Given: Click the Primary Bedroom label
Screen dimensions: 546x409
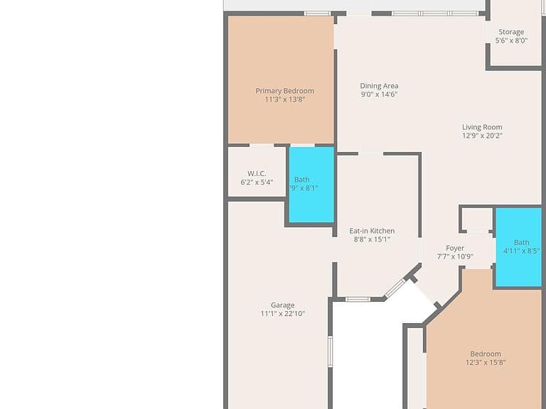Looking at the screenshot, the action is click(x=285, y=91).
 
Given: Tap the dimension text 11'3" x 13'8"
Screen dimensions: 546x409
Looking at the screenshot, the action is click(x=285, y=99).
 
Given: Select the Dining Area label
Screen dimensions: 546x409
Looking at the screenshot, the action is click(x=379, y=86).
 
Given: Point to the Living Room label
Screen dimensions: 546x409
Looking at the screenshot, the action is click(x=482, y=127).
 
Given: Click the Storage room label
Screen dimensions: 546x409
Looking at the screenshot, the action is click(x=511, y=32).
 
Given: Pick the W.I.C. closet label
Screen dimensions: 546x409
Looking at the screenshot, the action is click(x=257, y=173).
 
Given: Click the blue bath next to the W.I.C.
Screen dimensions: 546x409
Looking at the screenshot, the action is click(x=311, y=185).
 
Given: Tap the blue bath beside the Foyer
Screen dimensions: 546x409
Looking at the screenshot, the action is click(x=518, y=247).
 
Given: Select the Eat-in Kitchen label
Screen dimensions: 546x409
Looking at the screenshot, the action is click(x=372, y=231).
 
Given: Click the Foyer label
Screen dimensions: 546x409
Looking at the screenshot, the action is click(x=455, y=248).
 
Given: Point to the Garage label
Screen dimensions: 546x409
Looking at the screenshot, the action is click(x=283, y=305).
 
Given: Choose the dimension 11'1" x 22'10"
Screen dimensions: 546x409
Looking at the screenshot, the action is click(x=283, y=314).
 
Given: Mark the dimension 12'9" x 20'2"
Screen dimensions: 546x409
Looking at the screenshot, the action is click(x=482, y=136).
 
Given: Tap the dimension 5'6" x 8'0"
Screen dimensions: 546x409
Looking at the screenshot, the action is click(x=511, y=40).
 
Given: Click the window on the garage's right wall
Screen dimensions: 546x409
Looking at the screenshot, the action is click(x=330, y=351).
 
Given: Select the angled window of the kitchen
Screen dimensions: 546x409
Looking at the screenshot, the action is click(x=395, y=288).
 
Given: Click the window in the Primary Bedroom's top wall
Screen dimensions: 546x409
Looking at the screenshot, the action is click(x=317, y=13).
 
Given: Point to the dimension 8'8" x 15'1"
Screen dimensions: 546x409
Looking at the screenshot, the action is click(x=372, y=239).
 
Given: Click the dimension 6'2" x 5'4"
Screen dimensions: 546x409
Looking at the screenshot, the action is click(x=257, y=182).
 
